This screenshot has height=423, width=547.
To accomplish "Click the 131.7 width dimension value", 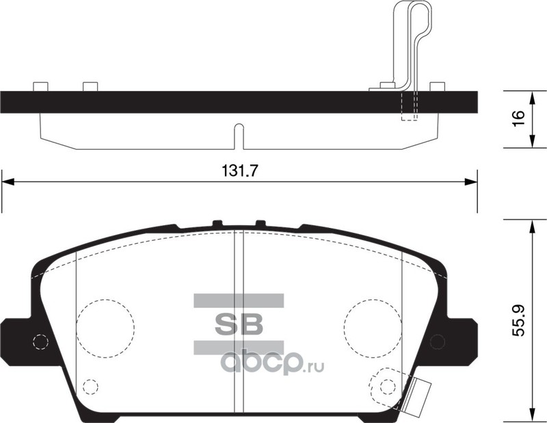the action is pos(239,171).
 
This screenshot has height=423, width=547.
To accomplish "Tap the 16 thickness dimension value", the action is pos(519,119).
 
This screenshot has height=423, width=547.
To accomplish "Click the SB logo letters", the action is pos(239,324).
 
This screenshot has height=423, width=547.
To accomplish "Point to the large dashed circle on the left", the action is pos(77,329).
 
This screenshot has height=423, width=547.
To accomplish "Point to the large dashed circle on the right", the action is pos(344,329).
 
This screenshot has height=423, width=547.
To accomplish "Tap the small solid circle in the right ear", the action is pos(438,342).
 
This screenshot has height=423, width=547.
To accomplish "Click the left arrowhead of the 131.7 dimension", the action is pos(8,181).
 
